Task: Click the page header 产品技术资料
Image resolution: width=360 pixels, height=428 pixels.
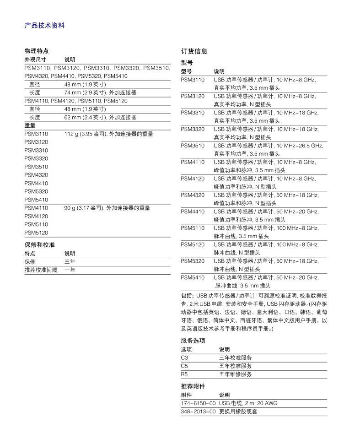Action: click(x=44, y=26)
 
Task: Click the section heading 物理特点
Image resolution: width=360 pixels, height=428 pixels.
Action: click(x=36, y=51)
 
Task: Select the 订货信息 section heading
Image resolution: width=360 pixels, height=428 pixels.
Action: click(x=194, y=51)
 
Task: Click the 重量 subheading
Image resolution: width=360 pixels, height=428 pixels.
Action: click(x=30, y=125)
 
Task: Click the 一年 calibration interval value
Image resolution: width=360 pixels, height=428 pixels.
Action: click(x=70, y=270)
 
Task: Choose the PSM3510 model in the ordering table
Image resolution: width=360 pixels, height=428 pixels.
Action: click(x=193, y=146)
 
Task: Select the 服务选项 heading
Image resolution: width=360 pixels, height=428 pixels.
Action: click(x=193, y=341)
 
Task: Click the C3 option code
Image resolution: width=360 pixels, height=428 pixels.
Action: click(x=185, y=358)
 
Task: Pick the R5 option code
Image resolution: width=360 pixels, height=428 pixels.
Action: click(x=185, y=374)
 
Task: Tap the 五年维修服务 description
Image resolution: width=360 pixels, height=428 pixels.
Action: click(x=236, y=374)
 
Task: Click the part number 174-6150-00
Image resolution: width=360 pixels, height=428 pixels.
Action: click(x=198, y=403)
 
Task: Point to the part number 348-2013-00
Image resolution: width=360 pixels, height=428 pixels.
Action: click(x=198, y=412)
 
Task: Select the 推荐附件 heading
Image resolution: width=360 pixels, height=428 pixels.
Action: click(x=193, y=386)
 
